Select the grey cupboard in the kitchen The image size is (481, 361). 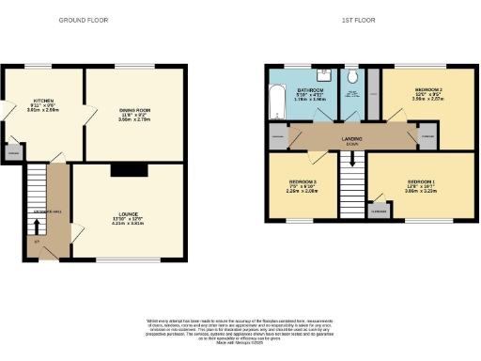pos(14,150)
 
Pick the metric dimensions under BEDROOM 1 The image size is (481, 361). pos(422,191)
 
